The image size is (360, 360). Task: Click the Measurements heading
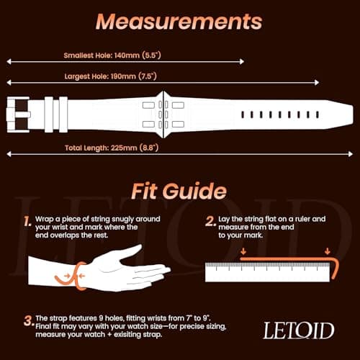coord(179,22)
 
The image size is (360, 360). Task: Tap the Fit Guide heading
coord(179,192)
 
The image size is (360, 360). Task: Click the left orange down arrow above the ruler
coord(243,251)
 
